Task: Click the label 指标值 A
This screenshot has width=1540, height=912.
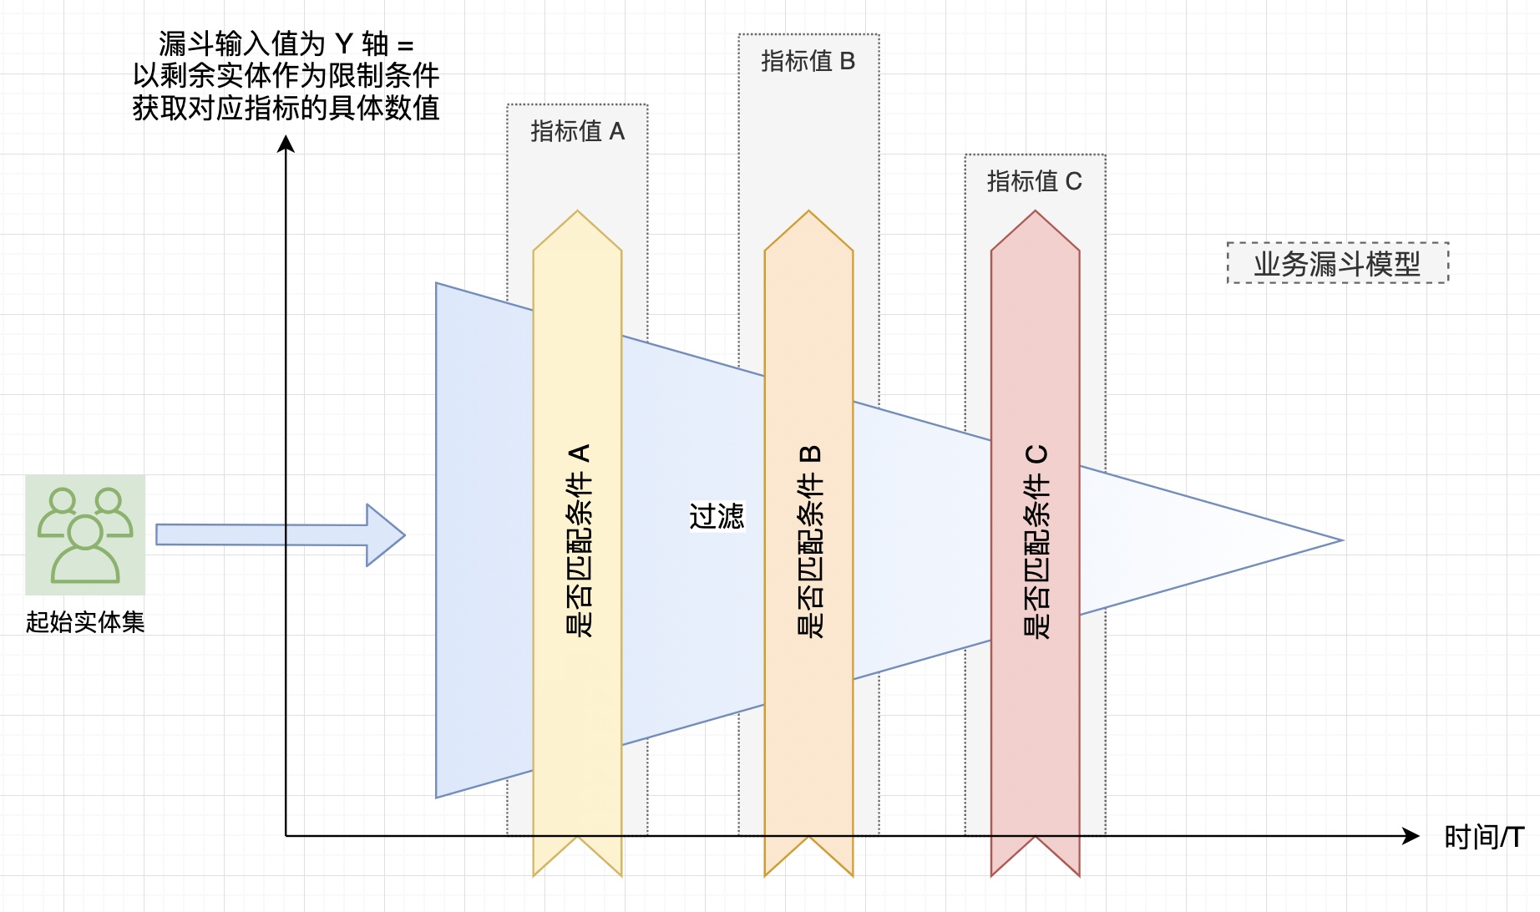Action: (x=577, y=131)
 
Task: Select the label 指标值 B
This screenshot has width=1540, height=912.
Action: (x=808, y=61)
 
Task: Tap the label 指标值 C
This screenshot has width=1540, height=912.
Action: (x=1034, y=181)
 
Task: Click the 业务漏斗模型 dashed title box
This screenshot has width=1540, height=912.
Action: (x=1336, y=264)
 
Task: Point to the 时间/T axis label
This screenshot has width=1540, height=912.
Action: (x=1483, y=836)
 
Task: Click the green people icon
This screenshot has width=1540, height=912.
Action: (x=85, y=535)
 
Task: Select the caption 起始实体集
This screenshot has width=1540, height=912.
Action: (x=85, y=622)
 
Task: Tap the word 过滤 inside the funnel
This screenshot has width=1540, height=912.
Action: (x=716, y=516)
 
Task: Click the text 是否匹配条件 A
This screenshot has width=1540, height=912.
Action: (x=578, y=541)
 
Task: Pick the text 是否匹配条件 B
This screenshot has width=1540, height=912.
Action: (x=809, y=541)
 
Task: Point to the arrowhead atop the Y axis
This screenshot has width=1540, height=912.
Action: (x=286, y=145)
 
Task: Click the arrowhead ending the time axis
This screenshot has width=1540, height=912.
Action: (x=1411, y=836)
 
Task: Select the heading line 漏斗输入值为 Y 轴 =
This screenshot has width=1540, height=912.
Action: (x=286, y=43)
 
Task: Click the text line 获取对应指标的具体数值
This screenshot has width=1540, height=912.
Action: (x=286, y=108)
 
